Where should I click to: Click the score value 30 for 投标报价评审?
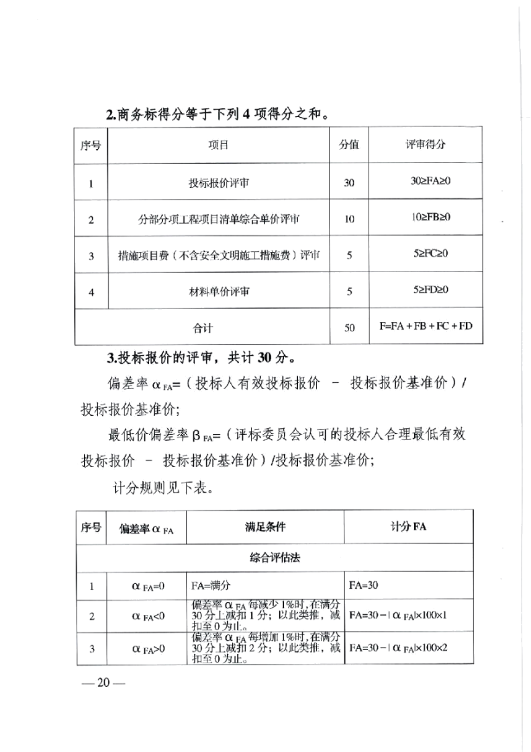(x=349, y=182)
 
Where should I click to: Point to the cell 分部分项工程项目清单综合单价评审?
(x=219, y=219)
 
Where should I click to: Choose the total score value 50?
(x=349, y=328)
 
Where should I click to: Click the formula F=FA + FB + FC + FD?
(x=426, y=327)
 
